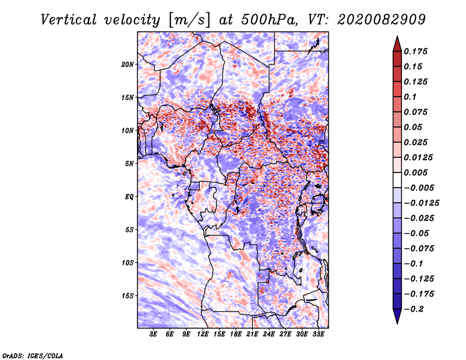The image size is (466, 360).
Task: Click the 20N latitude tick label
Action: point(128,64)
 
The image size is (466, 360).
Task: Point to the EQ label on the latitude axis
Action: point(129,197)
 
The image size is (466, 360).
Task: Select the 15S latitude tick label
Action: point(128,296)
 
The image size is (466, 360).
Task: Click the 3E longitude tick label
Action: point(154,334)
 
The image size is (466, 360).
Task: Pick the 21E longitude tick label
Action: point(253,334)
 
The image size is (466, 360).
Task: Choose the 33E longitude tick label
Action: point(319,334)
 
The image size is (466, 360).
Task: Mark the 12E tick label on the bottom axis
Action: point(203,334)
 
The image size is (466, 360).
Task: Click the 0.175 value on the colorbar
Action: point(416,51)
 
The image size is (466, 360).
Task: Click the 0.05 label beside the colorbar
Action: point(414,127)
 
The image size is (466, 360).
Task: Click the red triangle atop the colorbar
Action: point(397,43)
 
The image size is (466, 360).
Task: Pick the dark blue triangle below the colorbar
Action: point(397,316)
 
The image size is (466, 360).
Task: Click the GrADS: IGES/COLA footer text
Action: point(32,355)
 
